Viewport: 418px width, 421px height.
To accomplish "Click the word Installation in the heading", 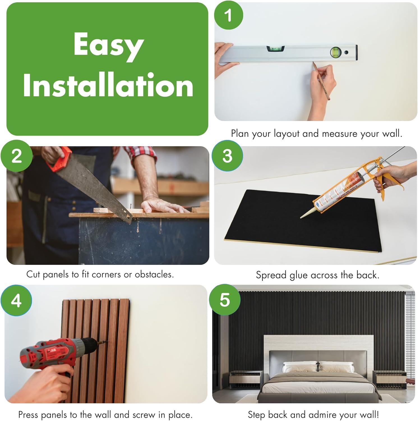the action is (x=108, y=85).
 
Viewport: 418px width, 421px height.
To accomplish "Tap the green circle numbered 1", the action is (x=229, y=15).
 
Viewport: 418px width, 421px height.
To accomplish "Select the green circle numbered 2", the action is (x=16, y=156).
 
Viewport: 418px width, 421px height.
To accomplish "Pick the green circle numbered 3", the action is (x=227, y=156).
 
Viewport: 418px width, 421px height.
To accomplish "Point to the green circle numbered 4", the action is (x=16, y=301).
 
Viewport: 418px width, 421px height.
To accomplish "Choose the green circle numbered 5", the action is (x=225, y=300).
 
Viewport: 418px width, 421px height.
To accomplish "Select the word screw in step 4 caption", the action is (x=144, y=415).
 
